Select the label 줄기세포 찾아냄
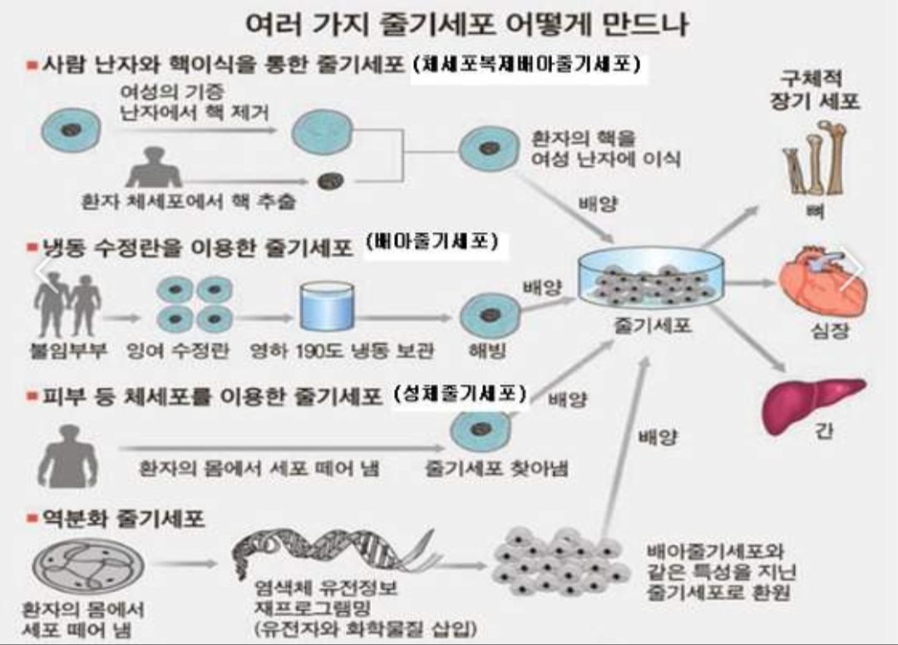(x=496, y=468)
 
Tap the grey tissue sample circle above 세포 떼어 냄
(x=87, y=564)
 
